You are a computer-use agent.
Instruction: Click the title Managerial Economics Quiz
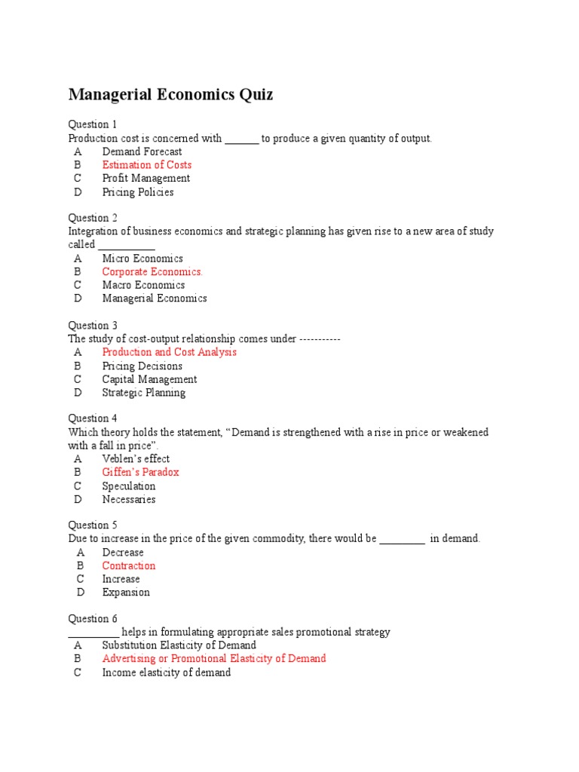pyautogui.click(x=170, y=95)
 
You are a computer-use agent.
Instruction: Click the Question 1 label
pyautogui.click(x=93, y=124)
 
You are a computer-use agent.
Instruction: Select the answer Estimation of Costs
pyautogui.click(x=147, y=165)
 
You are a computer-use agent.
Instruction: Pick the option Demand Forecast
pyautogui.click(x=142, y=152)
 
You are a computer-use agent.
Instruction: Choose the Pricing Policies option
pyautogui.click(x=138, y=192)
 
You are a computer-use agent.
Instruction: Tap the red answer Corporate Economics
pyautogui.click(x=152, y=272)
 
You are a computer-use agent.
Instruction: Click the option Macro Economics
pyautogui.click(x=143, y=285)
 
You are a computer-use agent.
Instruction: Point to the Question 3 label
pyautogui.click(x=93, y=326)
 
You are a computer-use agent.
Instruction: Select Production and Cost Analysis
pyautogui.click(x=170, y=352)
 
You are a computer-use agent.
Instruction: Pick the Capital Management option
pyautogui.click(x=149, y=379)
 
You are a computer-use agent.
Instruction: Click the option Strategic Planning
pyautogui.click(x=143, y=393)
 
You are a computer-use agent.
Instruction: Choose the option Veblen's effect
pyautogui.click(x=136, y=459)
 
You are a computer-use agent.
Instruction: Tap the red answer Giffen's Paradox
pyautogui.click(x=140, y=473)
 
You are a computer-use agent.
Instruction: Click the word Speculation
pyautogui.click(x=129, y=486)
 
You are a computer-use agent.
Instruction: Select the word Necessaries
pyautogui.click(x=129, y=499)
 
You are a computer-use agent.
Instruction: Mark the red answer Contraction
pyautogui.click(x=129, y=566)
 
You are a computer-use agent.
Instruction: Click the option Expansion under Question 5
pyautogui.click(x=126, y=593)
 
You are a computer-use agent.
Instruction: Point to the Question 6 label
pyautogui.click(x=93, y=619)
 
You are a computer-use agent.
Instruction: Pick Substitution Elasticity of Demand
pyautogui.click(x=179, y=645)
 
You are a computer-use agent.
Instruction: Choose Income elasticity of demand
pyautogui.click(x=166, y=672)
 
